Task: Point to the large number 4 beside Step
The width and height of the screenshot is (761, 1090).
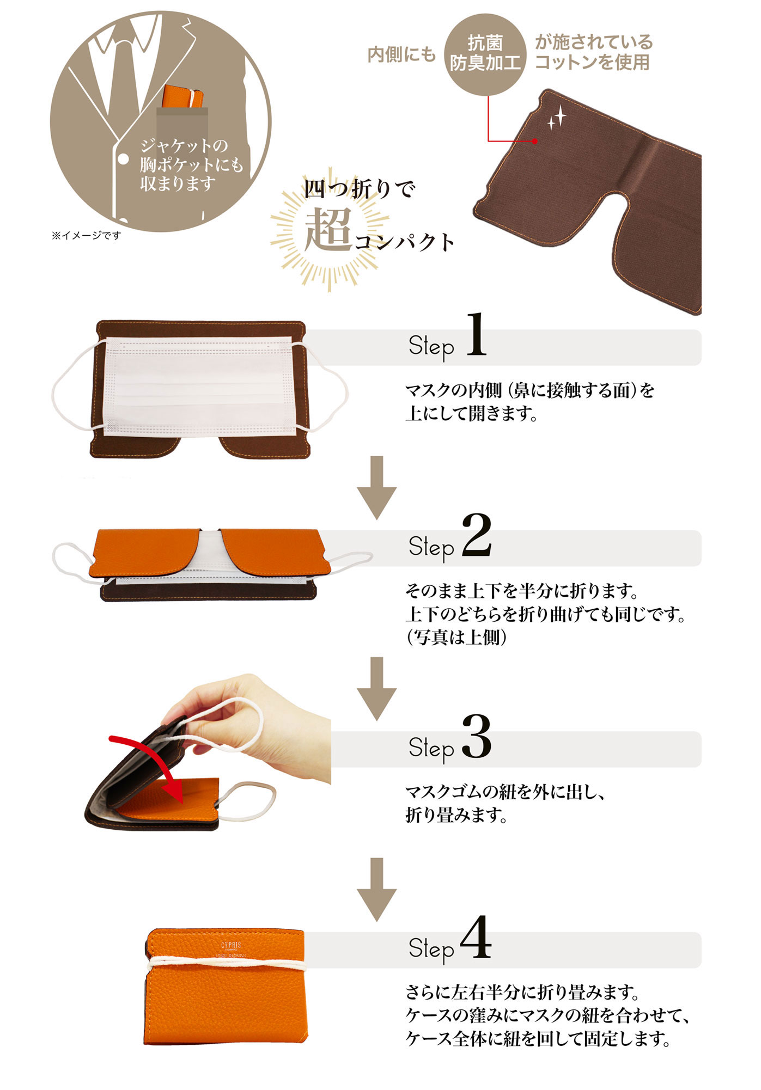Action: tap(476, 938)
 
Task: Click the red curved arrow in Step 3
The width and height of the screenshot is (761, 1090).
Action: tap(150, 762)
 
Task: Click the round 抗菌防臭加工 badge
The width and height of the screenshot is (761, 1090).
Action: tap(485, 53)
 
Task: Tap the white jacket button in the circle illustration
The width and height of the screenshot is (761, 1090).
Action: tap(124, 159)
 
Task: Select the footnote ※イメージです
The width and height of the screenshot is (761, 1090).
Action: tap(86, 235)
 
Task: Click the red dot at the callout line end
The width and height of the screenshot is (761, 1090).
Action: tap(535, 141)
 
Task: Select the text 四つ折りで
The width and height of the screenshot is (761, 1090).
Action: tap(360, 189)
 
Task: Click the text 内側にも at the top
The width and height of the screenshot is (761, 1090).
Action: tap(401, 54)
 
